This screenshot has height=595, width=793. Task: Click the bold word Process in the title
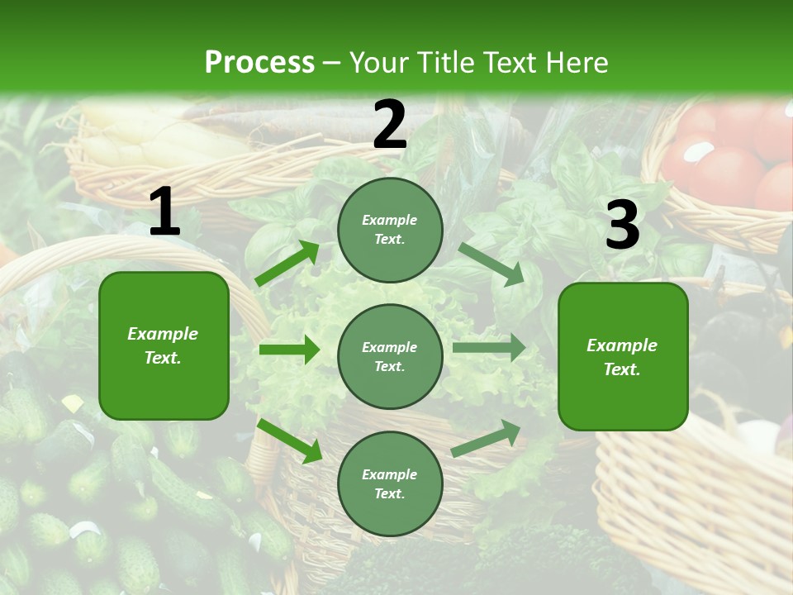(x=259, y=63)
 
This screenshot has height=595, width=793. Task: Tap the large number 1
(x=164, y=213)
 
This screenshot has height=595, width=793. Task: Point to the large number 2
(x=390, y=125)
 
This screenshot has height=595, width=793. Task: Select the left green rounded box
(x=164, y=345)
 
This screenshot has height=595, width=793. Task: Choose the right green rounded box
(x=623, y=356)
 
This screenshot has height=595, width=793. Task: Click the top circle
(x=390, y=230)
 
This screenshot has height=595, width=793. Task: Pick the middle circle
(x=390, y=356)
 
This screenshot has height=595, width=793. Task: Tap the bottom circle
(x=390, y=483)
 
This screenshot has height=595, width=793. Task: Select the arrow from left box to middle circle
(x=289, y=350)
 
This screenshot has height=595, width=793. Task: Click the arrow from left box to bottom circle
(x=289, y=440)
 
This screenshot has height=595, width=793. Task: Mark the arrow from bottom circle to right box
(x=487, y=439)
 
